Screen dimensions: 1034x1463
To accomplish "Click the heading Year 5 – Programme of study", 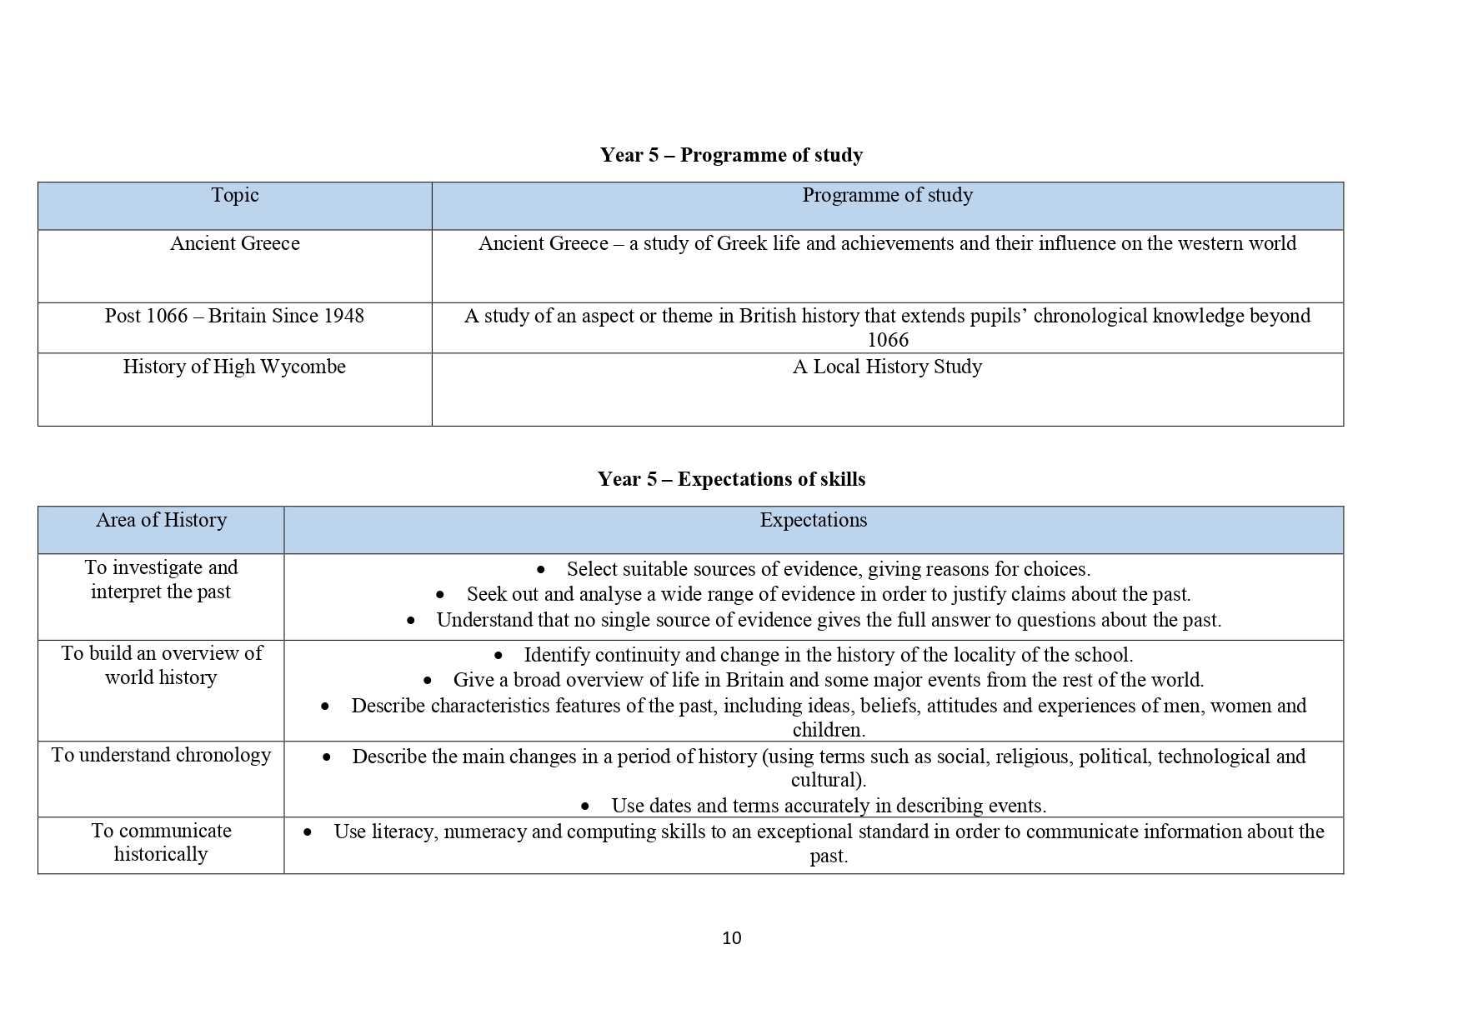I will pos(731,155).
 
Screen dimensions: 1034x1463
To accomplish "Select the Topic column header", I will pos(234,195).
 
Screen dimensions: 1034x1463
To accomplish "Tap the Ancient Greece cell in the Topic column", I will pos(234,243).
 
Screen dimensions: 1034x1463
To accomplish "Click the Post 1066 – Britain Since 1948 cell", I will pos(234,316).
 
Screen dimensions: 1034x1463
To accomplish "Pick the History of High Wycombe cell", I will pos(234,367).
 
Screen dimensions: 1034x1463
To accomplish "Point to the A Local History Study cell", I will pos(887,367).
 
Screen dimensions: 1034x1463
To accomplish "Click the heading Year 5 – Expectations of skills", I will pos(731,479).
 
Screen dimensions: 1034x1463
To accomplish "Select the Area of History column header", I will pos(161,520).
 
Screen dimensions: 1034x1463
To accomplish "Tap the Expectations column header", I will pos(813,520).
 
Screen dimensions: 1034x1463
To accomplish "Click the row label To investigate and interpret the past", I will pos(161,580).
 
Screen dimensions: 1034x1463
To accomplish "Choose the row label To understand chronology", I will pos(161,755).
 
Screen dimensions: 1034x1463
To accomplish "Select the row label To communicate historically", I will pos(161,842).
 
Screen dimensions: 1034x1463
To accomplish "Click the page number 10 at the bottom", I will pos(731,938).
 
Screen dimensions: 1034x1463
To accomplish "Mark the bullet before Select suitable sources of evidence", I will pos(541,570).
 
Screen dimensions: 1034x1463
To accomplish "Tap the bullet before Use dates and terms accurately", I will pos(585,807).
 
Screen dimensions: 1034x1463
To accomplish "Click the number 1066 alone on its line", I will pos(887,340).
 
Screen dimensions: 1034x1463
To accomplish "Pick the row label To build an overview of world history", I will pos(161,665).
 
